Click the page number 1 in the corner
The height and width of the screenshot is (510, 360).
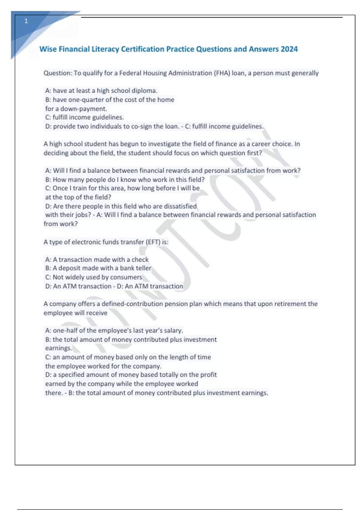pyautogui.click(x=26, y=21)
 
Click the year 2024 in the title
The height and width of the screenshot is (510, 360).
pyautogui.click(x=289, y=49)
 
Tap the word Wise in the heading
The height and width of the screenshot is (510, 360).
pyautogui.click(x=48, y=49)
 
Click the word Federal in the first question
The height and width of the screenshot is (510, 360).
pyautogui.click(x=130, y=73)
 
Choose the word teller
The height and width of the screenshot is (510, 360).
pyautogui.click(x=143, y=268)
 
